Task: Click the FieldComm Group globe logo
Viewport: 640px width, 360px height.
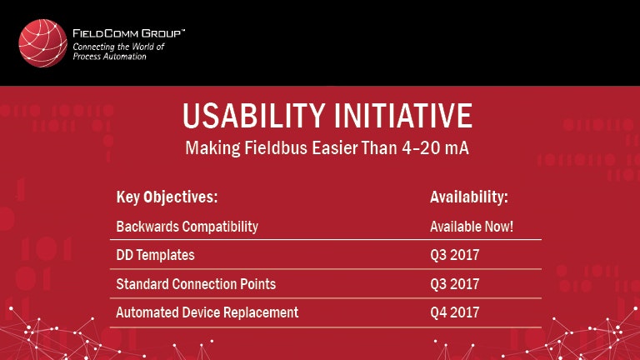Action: click(x=42, y=43)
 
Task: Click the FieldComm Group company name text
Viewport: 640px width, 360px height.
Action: click(x=127, y=33)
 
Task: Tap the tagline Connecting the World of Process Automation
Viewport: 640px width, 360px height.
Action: click(x=119, y=52)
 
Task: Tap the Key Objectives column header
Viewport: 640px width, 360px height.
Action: click(x=167, y=197)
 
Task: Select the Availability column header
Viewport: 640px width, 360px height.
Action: click(x=468, y=197)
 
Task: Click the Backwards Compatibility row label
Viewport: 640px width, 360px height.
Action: click(x=187, y=227)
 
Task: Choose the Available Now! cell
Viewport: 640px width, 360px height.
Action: click(x=471, y=227)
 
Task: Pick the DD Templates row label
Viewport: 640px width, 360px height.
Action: click(x=155, y=255)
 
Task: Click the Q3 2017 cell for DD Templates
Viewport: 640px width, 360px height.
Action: click(x=454, y=255)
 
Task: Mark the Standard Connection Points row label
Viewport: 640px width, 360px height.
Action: click(x=196, y=284)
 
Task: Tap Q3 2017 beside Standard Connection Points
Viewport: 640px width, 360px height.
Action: click(x=454, y=284)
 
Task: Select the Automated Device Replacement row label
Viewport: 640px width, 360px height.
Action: click(x=207, y=312)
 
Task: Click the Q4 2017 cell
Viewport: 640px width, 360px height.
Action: click(x=454, y=312)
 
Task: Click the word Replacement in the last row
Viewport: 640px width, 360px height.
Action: click(x=262, y=312)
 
